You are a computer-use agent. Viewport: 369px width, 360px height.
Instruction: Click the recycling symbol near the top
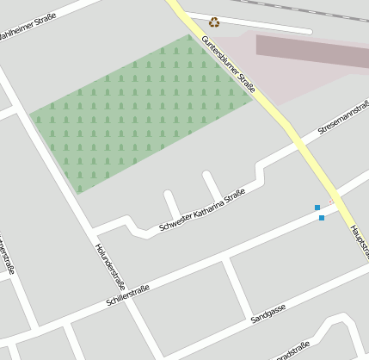(214, 22)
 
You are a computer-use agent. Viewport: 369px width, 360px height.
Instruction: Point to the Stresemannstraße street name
(342, 121)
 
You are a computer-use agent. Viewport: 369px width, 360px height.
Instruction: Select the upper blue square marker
(317, 208)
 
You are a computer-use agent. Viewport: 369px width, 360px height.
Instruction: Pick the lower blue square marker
(322, 218)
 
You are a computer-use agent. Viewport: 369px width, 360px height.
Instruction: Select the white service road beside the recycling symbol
(258, 24)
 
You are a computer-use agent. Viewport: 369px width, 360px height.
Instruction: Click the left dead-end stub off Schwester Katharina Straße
(171, 205)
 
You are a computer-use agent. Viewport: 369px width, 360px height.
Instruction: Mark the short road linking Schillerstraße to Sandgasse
(238, 287)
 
